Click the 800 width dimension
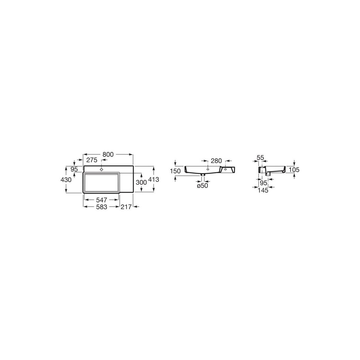click(x=108, y=154)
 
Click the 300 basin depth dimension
click(x=141, y=182)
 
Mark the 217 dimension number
click(x=127, y=207)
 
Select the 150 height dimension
click(x=175, y=171)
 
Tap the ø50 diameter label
click(x=202, y=186)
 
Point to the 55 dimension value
click(x=260, y=157)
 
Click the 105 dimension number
click(x=294, y=170)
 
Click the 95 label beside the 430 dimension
click(x=74, y=169)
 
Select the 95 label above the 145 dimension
click(x=263, y=183)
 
